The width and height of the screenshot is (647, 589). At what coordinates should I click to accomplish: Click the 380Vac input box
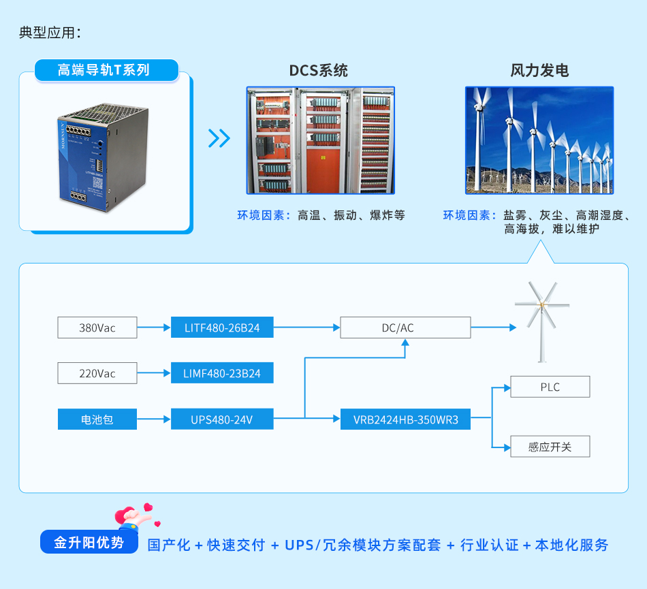[97, 328]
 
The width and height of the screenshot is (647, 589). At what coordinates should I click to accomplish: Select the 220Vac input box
[97, 373]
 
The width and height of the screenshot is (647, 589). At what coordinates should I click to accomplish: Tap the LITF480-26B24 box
[222, 328]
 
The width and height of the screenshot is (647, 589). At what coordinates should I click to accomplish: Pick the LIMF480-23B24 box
[222, 373]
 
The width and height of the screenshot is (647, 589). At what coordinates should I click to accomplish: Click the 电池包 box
[97, 419]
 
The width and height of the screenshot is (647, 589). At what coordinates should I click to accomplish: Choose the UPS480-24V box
[222, 419]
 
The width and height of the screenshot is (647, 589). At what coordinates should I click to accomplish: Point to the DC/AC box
[405, 328]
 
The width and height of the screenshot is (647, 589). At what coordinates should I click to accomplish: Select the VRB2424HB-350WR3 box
[415, 419]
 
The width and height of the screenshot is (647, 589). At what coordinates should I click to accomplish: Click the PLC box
[550, 387]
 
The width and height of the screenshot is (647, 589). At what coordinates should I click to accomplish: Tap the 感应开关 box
[550, 447]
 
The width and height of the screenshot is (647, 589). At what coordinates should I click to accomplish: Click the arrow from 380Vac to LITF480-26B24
[154, 328]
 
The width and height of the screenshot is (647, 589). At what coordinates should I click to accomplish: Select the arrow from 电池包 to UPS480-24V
[154, 419]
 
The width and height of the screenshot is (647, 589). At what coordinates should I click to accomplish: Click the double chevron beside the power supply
[219, 138]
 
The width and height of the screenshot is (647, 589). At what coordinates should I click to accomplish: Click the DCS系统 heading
[319, 71]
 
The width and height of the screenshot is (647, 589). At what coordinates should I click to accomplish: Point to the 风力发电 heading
[539, 71]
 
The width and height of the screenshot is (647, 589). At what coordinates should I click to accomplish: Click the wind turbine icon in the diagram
[542, 320]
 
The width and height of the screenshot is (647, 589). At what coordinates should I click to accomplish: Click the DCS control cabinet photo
[320, 140]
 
